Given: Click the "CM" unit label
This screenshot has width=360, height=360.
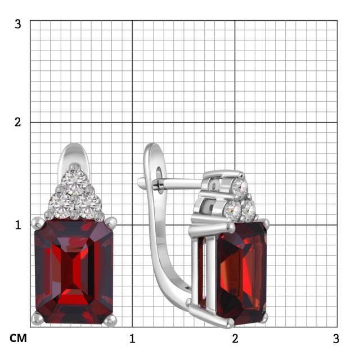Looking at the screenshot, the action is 18,338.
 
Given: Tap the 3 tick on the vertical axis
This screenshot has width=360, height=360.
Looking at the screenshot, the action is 17,24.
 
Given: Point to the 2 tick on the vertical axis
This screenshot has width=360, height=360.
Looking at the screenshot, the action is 17,122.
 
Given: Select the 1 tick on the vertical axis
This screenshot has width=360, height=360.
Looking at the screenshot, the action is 18,225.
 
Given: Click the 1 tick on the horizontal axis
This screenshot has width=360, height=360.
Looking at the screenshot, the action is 132,339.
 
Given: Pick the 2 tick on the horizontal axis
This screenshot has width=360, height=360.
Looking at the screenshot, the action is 235,339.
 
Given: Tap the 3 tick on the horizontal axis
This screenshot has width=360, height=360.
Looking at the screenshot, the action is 336,339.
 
